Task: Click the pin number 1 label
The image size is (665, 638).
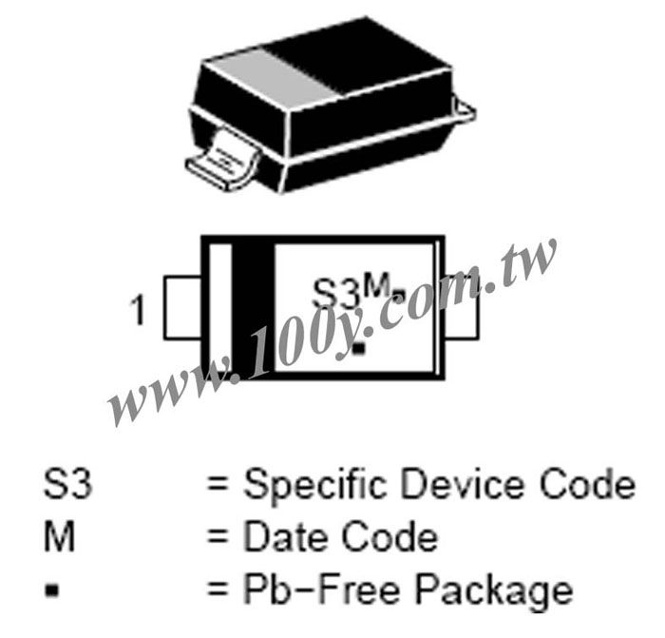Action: [x=139, y=311]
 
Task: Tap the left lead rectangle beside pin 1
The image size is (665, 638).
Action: [x=182, y=308]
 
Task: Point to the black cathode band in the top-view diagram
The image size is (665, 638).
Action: [x=254, y=308]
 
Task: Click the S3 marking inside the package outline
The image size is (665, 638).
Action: [x=335, y=293]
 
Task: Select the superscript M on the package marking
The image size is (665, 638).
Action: [x=376, y=285]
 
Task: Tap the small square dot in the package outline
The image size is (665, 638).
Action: [x=359, y=349]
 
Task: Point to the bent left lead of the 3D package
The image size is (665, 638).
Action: [x=223, y=159]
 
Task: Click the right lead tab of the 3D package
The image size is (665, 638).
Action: [x=464, y=109]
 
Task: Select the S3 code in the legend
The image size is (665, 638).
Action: [x=67, y=483]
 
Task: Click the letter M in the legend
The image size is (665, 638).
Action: [x=59, y=536]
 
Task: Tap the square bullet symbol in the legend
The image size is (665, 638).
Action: [x=52, y=590]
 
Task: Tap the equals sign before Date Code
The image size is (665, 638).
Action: [x=218, y=538]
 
